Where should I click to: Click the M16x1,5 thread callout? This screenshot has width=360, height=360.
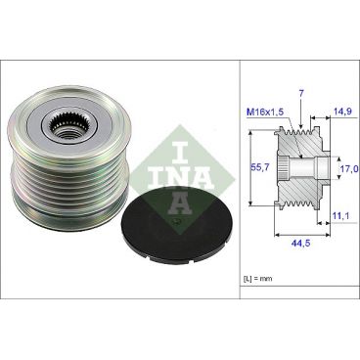coord(263,112)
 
